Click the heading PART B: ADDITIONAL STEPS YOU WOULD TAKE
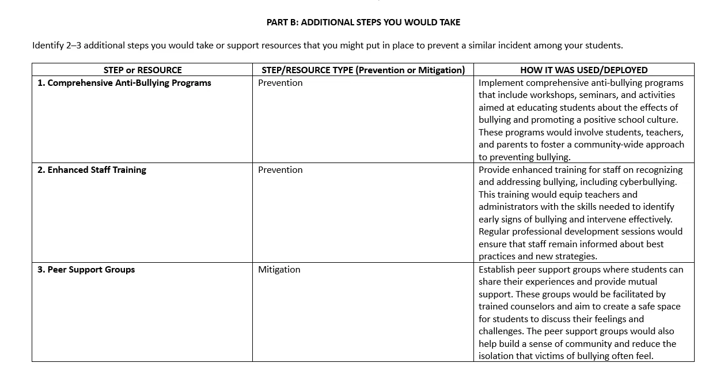(363, 22)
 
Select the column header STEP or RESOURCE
(142, 70)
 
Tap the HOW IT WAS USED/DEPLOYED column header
(583, 70)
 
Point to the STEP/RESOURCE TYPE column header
(363, 70)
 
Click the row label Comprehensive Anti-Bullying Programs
(124, 83)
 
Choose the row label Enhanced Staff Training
(92, 170)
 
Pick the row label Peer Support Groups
(86, 270)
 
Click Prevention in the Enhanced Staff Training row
(280, 170)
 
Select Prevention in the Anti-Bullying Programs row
(280, 83)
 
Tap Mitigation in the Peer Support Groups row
(279, 270)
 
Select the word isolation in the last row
(497, 356)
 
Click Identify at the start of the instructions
(48, 46)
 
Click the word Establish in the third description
(497, 270)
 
